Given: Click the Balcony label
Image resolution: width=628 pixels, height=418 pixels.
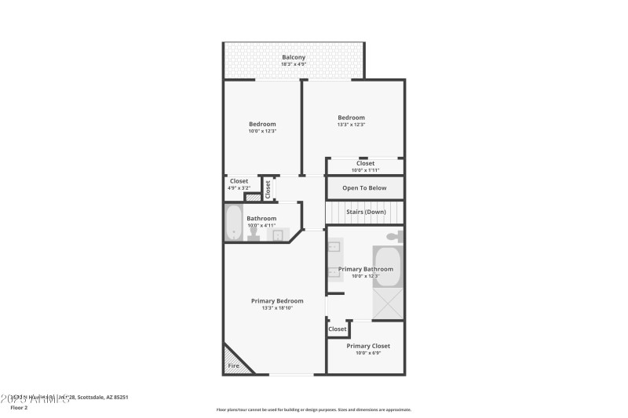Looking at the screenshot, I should (294, 57).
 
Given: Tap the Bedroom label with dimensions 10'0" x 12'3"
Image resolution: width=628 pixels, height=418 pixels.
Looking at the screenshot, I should (262, 124).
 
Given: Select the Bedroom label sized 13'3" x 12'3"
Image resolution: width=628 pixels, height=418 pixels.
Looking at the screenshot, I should (351, 118).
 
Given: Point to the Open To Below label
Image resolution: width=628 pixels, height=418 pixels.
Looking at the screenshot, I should (364, 188).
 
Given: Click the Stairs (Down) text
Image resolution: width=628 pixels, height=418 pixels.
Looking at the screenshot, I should (366, 212).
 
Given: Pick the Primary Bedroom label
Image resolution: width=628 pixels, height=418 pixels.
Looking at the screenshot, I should (277, 300).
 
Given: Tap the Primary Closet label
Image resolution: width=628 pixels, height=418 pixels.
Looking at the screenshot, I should (368, 346).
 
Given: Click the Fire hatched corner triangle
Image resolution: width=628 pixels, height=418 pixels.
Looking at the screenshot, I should (235, 361).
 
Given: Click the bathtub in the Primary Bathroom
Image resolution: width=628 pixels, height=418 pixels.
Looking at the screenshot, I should (387, 267).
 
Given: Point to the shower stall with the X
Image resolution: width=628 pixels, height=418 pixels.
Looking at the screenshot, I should (387, 304).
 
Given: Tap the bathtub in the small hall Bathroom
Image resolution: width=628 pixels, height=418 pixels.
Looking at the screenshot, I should (233, 223).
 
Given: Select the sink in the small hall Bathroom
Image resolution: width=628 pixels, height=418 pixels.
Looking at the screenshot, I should (278, 234).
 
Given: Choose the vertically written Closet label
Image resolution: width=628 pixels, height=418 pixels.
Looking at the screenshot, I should (268, 189).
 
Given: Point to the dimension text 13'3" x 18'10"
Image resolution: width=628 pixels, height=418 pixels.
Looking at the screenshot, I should (277, 308).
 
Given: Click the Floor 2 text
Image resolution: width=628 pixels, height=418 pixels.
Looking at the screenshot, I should (18, 408).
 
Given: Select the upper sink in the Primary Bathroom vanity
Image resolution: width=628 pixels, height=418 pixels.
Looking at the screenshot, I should (333, 248).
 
